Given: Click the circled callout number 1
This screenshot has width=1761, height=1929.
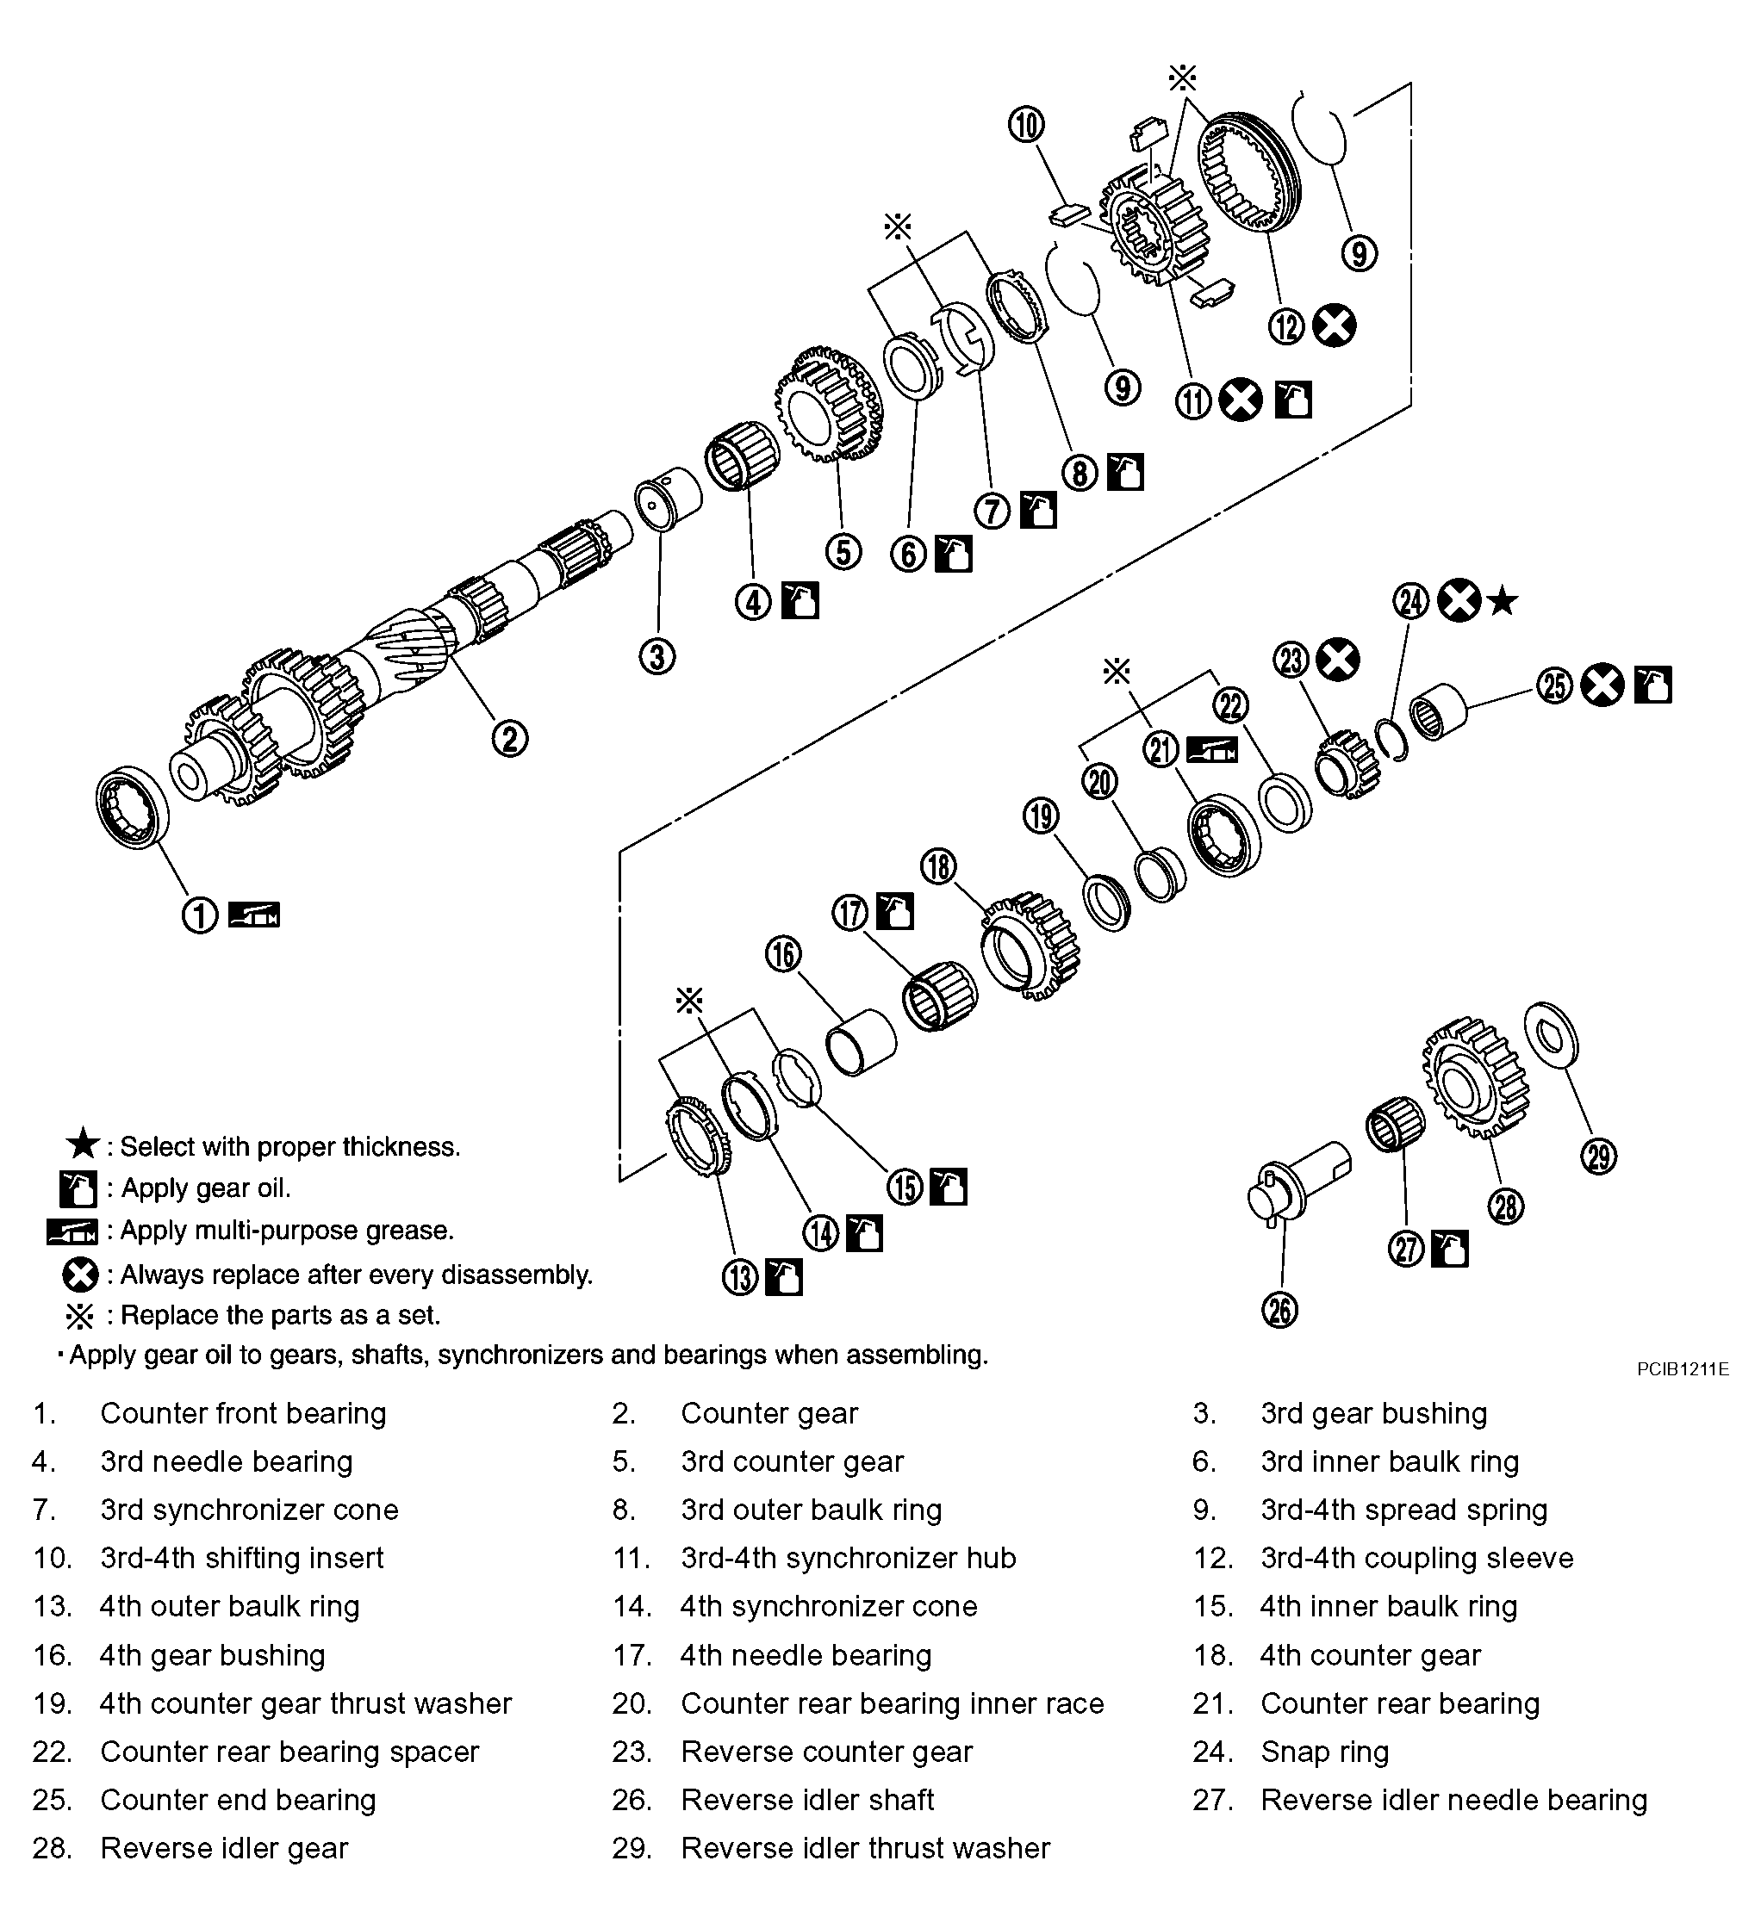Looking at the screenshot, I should (200, 915).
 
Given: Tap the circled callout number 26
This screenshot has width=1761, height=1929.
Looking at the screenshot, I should (1280, 1310).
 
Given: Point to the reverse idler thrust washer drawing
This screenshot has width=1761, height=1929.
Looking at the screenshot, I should (1551, 1033).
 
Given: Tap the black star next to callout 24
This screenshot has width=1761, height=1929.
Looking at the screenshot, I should (1503, 602).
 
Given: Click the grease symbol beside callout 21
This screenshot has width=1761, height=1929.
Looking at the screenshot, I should (1211, 749).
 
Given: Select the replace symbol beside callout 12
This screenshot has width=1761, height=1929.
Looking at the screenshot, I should (1335, 326).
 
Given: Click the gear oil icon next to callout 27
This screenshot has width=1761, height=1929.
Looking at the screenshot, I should (1449, 1249).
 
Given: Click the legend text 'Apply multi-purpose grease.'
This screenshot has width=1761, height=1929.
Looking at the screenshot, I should (287, 1230).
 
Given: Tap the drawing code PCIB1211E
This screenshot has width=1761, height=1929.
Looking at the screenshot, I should (1683, 1369).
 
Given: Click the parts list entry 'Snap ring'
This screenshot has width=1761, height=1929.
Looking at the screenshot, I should (1323, 1751).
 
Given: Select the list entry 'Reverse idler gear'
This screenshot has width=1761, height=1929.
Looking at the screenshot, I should (224, 1848).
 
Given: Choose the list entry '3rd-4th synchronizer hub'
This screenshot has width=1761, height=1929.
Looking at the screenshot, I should (848, 1558).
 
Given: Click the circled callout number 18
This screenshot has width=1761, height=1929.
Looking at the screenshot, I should (939, 866).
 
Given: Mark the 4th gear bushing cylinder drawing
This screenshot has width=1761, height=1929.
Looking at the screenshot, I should (862, 1043).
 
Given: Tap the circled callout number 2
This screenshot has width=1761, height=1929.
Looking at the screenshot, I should (509, 738).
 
